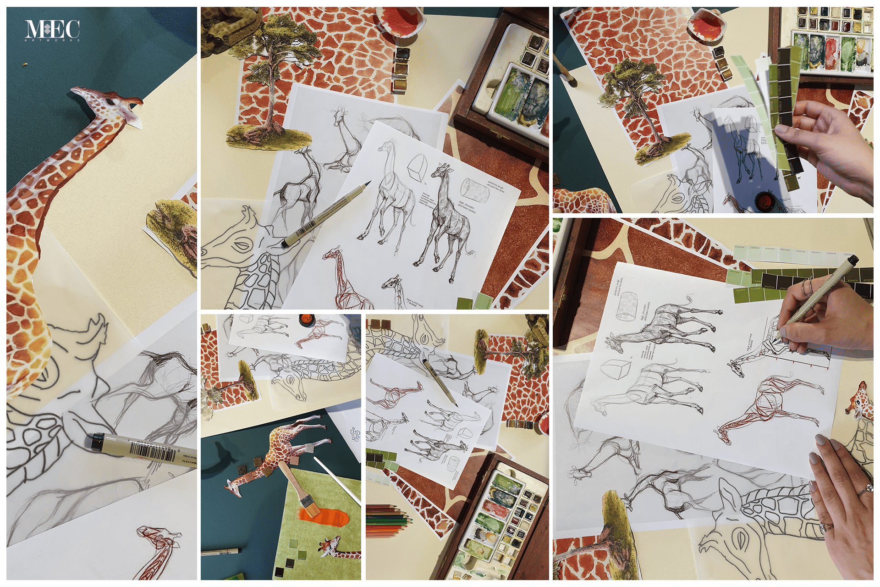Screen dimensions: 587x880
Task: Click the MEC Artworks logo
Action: [52, 30]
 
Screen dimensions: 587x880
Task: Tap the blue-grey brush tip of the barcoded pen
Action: [367, 185]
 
